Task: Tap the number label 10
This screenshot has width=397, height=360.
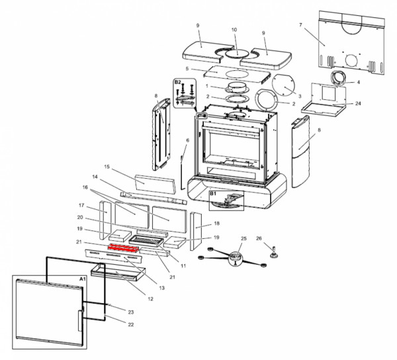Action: tap(234, 30)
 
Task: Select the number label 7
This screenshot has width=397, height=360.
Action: tap(300, 25)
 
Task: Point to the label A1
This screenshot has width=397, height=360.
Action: tap(83, 281)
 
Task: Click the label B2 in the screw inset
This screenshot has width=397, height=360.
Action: tap(177, 83)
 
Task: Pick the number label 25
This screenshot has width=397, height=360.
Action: tap(243, 239)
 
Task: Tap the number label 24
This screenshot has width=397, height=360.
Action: tap(358, 104)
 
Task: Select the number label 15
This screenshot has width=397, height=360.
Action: tap(106, 167)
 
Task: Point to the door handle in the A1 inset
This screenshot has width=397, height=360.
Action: tap(81, 319)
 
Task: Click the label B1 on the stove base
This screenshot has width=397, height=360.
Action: tap(213, 195)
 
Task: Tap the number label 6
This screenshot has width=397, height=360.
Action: tap(187, 140)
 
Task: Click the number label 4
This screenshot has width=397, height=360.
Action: tap(358, 82)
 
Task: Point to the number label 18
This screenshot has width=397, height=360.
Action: tap(216, 224)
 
